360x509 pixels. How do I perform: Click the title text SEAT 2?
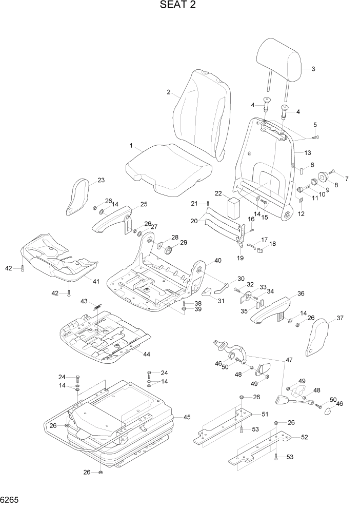(178, 6)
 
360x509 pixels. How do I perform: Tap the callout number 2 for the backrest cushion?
(168, 92)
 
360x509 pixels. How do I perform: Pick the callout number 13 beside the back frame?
(308, 153)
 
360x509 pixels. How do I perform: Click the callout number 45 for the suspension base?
(187, 417)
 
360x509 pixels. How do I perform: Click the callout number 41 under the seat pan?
(95, 281)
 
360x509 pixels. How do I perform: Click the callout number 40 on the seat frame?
(217, 261)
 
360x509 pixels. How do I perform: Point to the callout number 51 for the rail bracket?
(265, 415)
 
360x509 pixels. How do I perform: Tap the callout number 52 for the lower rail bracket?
(304, 437)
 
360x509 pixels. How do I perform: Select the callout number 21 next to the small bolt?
(194, 204)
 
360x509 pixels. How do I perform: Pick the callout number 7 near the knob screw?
(346, 179)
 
